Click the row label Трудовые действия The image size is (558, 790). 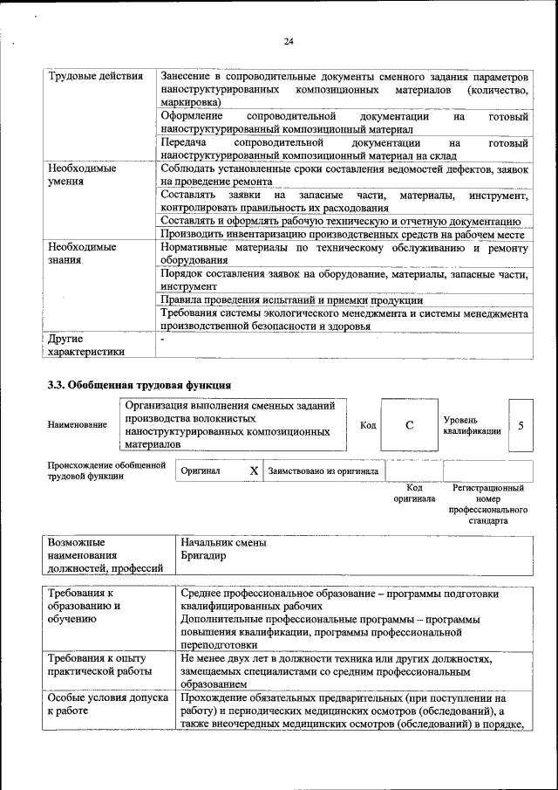pos(96,78)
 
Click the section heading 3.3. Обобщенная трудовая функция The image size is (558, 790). pos(139,384)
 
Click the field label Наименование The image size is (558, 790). pos(78,425)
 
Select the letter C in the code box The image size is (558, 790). pos(409,425)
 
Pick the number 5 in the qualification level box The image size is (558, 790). pos(521,425)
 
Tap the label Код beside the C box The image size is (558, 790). pos(368,425)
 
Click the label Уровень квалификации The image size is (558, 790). pos(472,425)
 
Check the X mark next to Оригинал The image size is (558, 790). pos(254,471)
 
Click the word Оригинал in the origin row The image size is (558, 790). pos(200,471)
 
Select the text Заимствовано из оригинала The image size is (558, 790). pos(323,471)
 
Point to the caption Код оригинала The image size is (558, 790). pos(414,494)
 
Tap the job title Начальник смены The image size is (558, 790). pos(223,543)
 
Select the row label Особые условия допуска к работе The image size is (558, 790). pos(104,705)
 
